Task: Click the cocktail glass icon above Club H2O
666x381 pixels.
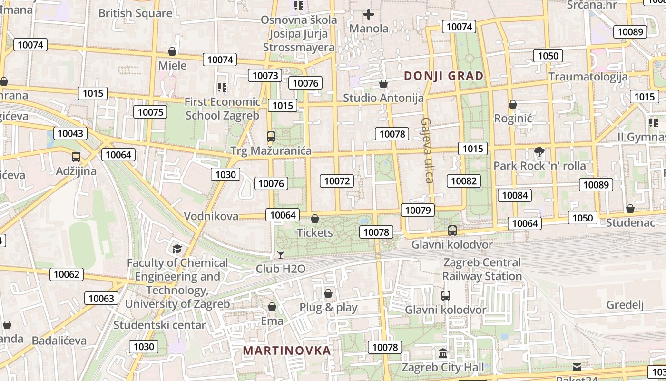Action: (281, 254)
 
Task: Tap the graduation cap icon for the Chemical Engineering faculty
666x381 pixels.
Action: (177, 249)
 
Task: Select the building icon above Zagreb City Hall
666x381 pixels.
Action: (443, 353)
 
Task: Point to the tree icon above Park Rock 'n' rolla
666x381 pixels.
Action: (539, 152)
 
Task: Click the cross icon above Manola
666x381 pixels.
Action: (369, 15)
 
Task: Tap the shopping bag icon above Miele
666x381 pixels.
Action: (172, 51)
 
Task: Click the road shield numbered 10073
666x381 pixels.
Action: (265, 75)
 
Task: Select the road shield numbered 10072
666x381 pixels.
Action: (337, 181)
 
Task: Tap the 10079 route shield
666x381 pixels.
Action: (418, 210)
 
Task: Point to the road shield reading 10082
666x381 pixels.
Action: (464, 181)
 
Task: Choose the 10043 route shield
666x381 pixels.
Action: (70, 133)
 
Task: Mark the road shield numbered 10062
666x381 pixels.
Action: (67, 274)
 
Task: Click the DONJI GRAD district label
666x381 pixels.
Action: (443, 76)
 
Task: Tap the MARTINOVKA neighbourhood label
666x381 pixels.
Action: (286, 351)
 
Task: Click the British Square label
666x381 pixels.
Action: (135, 13)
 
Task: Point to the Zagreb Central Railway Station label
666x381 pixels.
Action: (482, 269)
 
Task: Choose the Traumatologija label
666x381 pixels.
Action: (588, 77)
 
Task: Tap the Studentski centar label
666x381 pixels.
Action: (159, 325)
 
